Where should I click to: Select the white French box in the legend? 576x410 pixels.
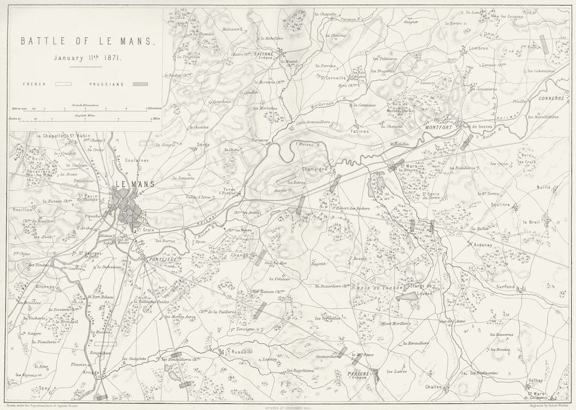63,84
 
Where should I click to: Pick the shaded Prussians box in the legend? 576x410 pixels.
139,84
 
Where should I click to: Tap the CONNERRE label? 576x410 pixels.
550,98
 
